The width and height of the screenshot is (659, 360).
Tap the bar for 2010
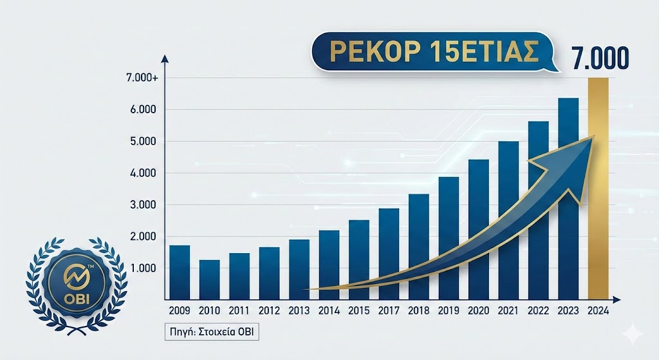coord(209,279)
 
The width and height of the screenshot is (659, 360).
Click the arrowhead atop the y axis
coord(165,59)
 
